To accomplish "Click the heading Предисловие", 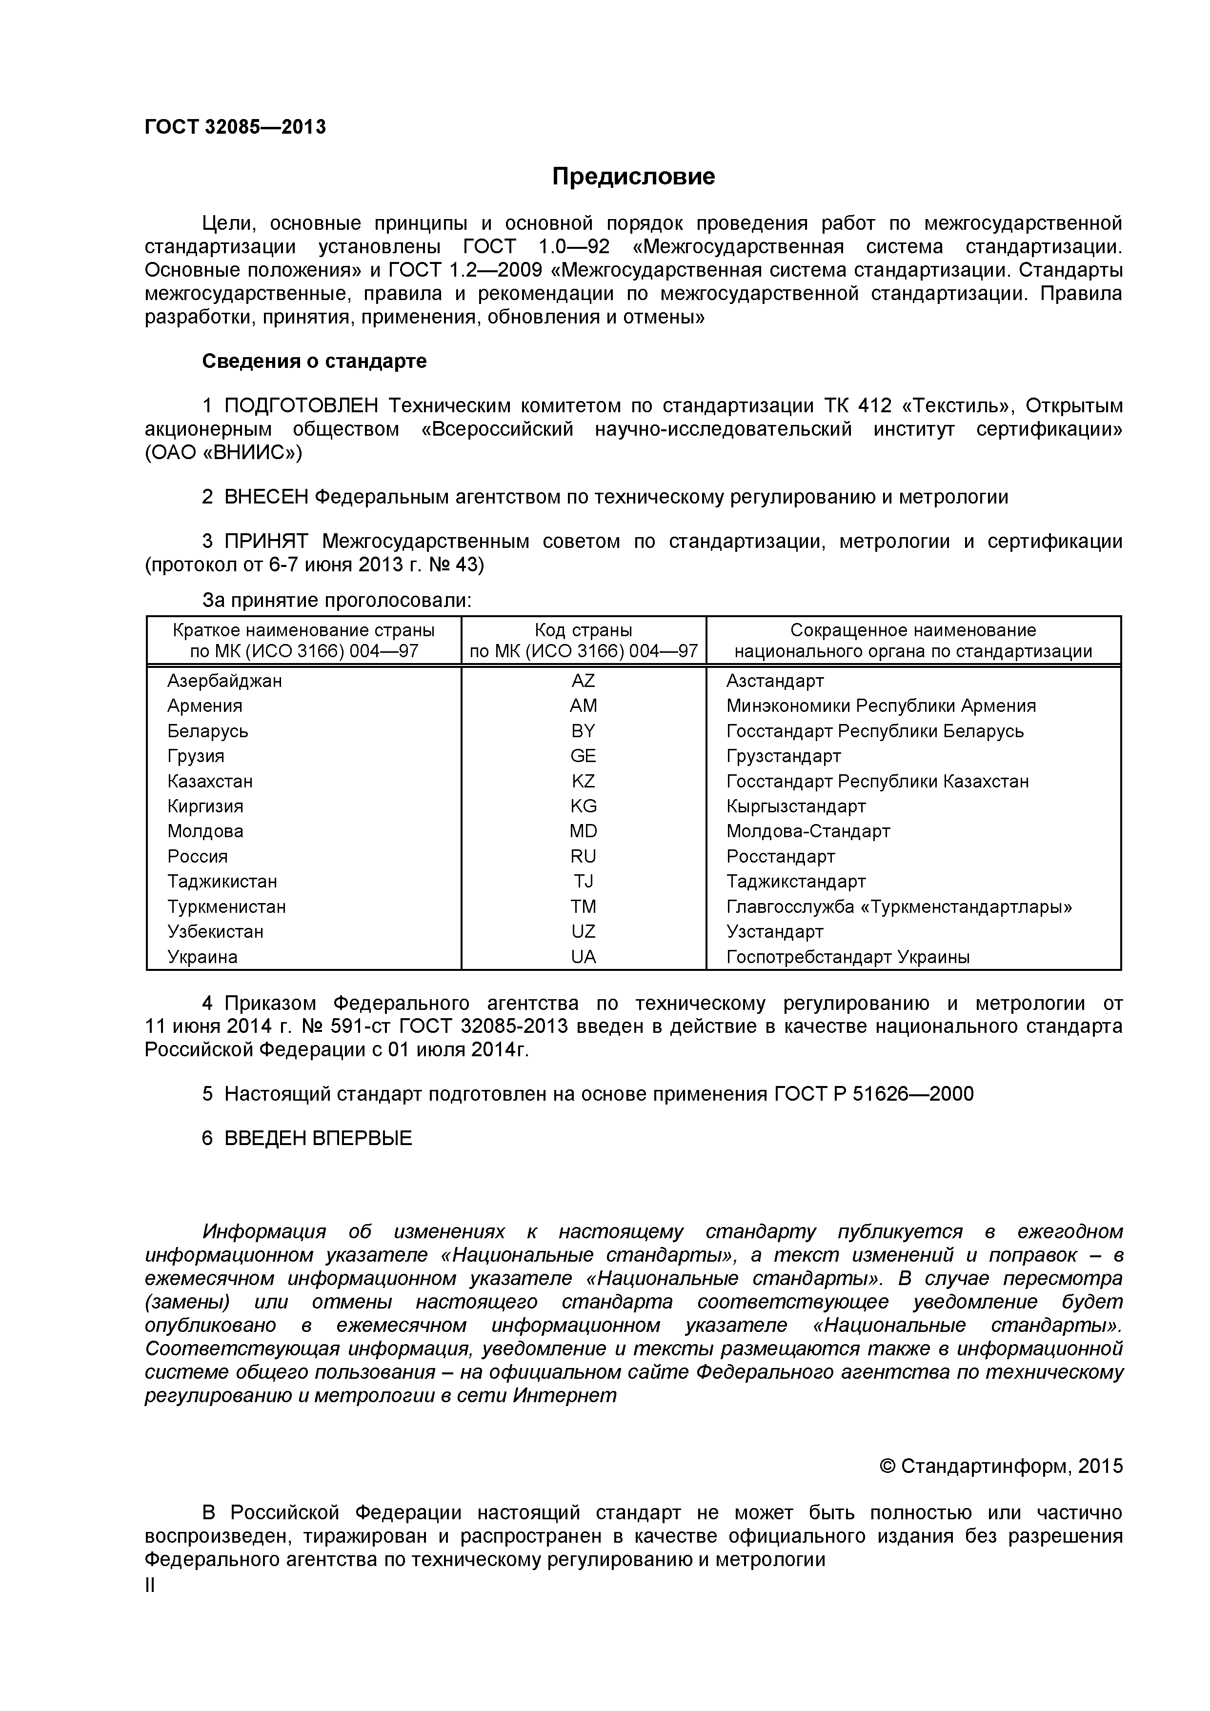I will point(633,177).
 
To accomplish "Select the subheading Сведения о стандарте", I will point(314,362).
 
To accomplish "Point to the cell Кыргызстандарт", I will point(796,806).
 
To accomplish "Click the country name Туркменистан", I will point(226,907).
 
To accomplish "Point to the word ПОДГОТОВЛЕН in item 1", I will point(301,406).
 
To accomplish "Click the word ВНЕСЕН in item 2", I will point(266,497).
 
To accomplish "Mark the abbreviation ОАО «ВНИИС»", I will point(223,453).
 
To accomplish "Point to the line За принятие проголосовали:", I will point(337,601).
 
